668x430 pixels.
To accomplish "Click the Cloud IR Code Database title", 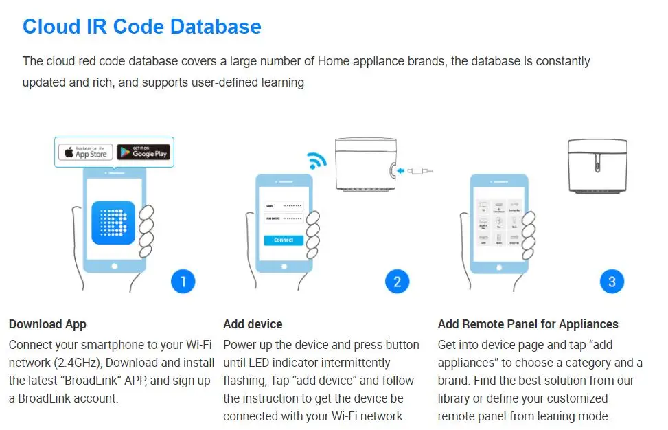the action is tap(141, 26).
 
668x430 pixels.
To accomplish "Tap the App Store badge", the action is tap(85, 152).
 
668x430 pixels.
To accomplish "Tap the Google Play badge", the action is tap(143, 152).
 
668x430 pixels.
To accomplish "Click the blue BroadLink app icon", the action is tap(113, 222).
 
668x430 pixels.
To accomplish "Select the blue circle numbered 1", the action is tap(183, 281).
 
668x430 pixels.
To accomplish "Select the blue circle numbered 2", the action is tap(397, 281).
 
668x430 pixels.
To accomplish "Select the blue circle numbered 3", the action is tap(612, 281).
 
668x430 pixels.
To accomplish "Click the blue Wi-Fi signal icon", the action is tap(317, 160).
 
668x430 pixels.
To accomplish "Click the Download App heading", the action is tap(47, 324).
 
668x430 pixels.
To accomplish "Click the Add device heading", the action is tap(253, 324).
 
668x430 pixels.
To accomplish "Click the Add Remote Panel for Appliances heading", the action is tap(528, 324).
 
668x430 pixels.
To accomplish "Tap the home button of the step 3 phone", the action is tap(498, 265).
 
